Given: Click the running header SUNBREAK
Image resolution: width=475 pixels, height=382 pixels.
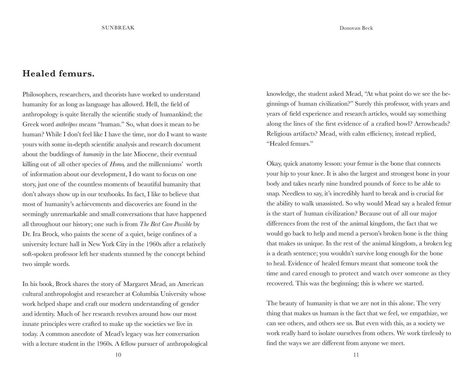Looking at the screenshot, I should pos(118,28).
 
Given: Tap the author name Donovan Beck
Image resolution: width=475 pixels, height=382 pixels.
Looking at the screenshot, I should pos(356,28).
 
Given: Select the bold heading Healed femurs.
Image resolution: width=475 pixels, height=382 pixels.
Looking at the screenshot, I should pos(58,74).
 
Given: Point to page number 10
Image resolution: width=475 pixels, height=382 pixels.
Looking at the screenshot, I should pos(118,355).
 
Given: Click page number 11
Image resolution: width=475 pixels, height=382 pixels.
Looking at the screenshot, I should pos(356,355).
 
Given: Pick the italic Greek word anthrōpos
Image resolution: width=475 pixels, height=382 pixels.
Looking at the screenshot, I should pos(66,125).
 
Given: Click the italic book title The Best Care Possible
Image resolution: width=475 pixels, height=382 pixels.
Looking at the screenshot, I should pos(166,224).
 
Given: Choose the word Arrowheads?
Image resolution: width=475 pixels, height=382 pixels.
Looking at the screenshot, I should pos(432,124).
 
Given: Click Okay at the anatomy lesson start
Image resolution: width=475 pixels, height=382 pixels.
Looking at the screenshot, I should pos(274,164).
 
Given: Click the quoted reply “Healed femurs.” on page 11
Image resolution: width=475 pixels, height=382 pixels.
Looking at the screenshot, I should pos(290,144).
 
